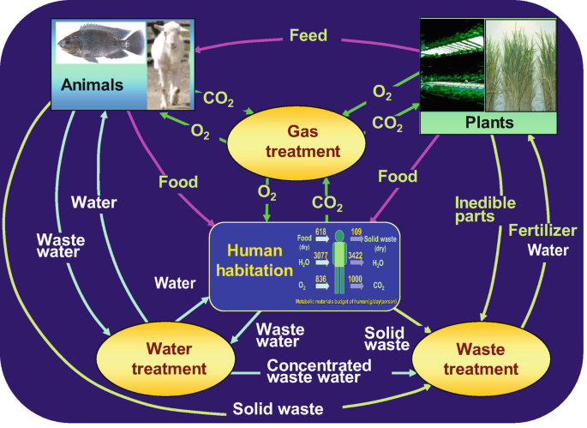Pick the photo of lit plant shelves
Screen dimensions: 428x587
point(452,65)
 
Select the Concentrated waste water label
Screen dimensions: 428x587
point(320,372)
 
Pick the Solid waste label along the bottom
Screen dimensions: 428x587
point(279,409)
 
